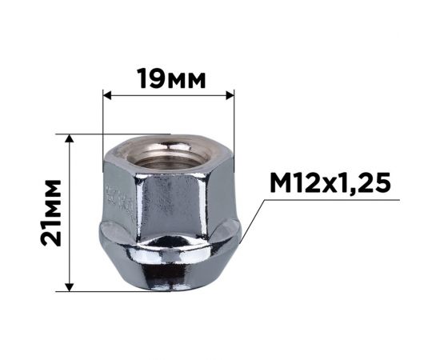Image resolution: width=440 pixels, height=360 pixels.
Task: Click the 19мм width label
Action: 171,79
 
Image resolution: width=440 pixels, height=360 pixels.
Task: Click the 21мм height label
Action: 53,213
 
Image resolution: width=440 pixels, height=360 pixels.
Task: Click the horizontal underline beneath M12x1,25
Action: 336,202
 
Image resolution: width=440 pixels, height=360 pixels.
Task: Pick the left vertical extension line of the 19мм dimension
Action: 103,120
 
